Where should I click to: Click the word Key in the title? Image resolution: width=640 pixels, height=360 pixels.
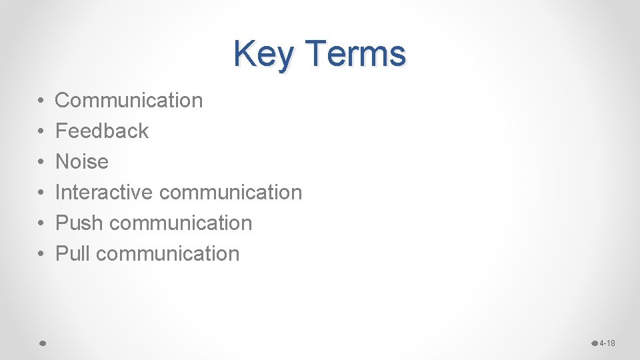[262, 54]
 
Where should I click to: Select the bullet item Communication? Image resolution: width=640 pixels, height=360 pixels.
[129, 101]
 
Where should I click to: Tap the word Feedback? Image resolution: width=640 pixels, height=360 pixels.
[102, 131]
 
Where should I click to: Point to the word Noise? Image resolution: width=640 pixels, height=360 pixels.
[81, 162]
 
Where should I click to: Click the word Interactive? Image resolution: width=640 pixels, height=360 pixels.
[105, 193]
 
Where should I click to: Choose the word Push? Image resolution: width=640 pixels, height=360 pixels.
[80, 223]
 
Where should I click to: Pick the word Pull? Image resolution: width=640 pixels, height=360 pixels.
[73, 254]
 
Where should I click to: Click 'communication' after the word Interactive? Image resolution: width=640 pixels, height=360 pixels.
[231, 193]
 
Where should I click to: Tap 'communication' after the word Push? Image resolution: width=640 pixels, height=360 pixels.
[181, 223]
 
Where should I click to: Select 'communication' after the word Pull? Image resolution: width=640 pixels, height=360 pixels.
[167, 254]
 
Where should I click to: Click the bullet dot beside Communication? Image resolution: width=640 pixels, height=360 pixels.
[41, 101]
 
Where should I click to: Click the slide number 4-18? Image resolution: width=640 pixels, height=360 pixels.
[607, 343]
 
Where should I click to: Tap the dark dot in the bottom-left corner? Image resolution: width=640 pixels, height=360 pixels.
[41, 343]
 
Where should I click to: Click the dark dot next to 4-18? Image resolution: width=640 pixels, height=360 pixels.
[595, 343]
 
